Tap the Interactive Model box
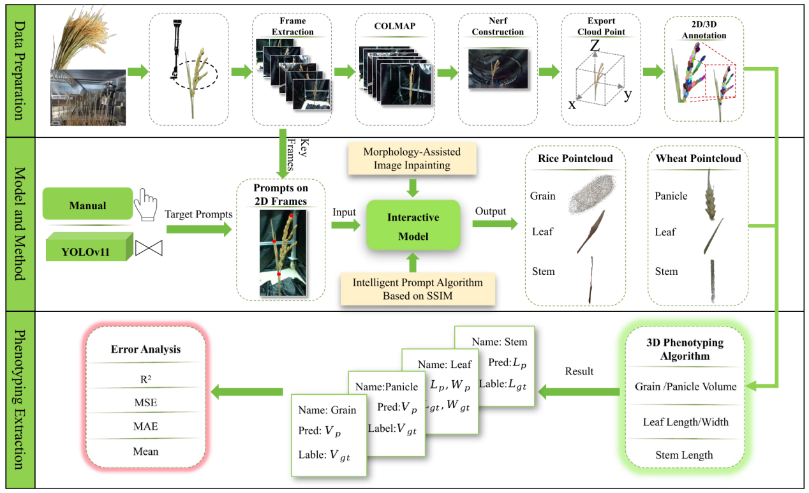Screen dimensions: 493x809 tap(413, 226)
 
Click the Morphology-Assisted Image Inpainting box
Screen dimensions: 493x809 tap(412, 159)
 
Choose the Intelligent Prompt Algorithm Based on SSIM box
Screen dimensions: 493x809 tap(412, 289)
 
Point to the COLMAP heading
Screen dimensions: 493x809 tap(395, 26)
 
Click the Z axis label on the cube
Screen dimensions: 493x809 tap(595, 46)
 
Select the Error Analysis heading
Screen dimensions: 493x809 tap(145, 349)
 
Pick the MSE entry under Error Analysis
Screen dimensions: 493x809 tap(145, 402)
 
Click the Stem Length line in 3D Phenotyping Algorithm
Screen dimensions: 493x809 tap(684, 455)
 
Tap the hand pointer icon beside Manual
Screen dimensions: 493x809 tap(148, 204)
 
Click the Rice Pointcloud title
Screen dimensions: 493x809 tap(575, 158)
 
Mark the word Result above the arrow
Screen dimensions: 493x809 tap(579, 371)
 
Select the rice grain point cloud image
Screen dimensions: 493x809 tap(592, 195)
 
